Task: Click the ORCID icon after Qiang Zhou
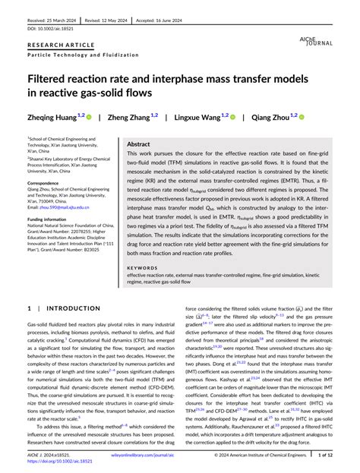(x=301, y=117)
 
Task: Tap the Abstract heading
(x=138, y=143)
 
